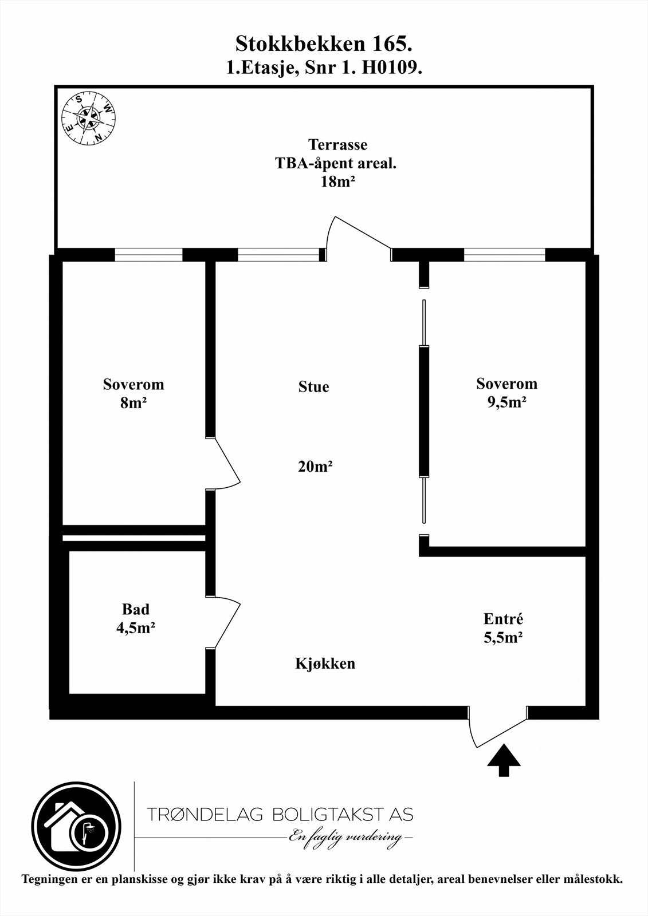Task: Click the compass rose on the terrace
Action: tap(88, 120)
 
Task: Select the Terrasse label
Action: tap(337, 144)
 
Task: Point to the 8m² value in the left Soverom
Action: tap(133, 402)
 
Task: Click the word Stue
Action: tap(313, 387)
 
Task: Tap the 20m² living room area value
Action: tap(315, 467)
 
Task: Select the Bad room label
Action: tap(136, 609)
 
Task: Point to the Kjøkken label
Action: tap(325, 664)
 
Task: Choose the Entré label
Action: tap(503, 619)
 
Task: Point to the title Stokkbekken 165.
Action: tap(324, 44)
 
